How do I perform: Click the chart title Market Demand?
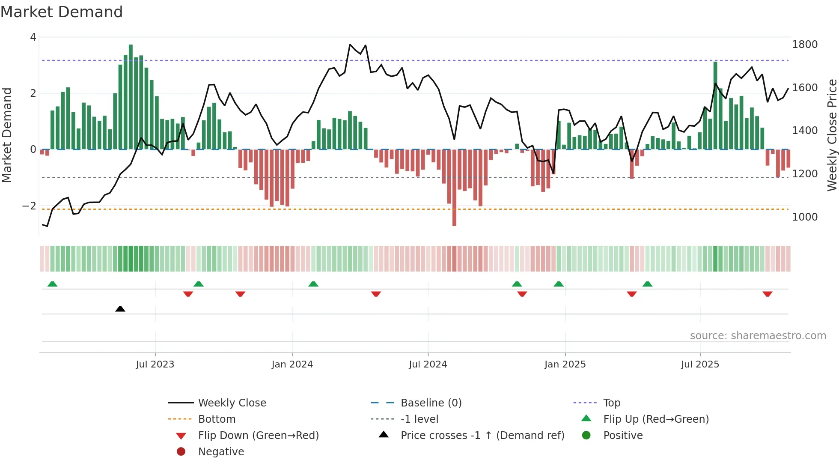[x=62, y=12]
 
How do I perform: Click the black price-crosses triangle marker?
[x=120, y=309]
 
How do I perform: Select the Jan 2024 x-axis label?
[x=292, y=364]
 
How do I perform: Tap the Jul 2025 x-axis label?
[x=700, y=364]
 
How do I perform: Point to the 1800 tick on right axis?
[x=804, y=45]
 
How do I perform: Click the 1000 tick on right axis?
[x=804, y=217]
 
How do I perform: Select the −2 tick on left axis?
[x=29, y=206]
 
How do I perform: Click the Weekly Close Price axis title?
[x=832, y=135]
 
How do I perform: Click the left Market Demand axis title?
[x=7, y=135]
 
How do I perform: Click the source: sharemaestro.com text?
[x=758, y=336]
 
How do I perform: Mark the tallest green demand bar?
[x=131, y=97]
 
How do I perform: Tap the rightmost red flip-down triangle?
[x=767, y=294]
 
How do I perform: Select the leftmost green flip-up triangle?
[x=52, y=284]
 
